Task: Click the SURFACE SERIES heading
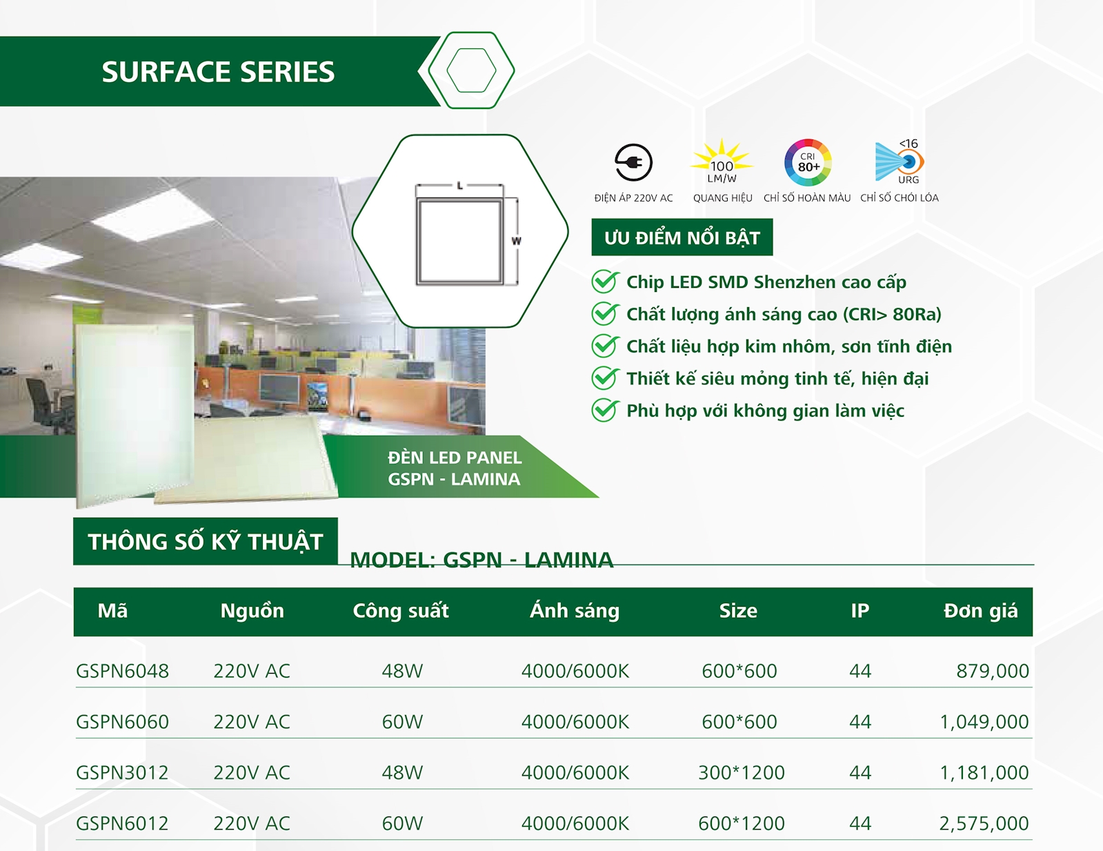pyautogui.click(x=218, y=72)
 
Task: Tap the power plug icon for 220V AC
pyautogui.click(x=633, y=162)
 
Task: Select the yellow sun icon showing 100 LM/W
pyautogui.click(x=722, y=162)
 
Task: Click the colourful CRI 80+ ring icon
pyautogui.click(x=808, y=162)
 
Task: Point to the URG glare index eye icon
pyautogui.click(x=900, y=162)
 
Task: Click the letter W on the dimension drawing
pyautogui.click(x=516, y=241)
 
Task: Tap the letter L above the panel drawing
pyautogui.click(x=460, y=186)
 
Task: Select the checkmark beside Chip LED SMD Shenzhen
pyautogui.click(x=605, y=282)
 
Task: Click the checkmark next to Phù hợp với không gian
pyautogui.click(x=605, y=410)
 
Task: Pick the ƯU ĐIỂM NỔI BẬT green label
pyautogui.click(x=682, y=237)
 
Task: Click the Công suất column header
pyautogui.click(x=401, y=611)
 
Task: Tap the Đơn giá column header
pyautogui.click(x=981, y=611)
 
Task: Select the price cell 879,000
pyautogui.click(x=993, y=671)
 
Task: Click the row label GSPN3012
pyautogui.click(x=122, y=772)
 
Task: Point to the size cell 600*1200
pyautogui.click(x=742, y=823)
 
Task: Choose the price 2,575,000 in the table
pyautogui.click(x=984, y=823)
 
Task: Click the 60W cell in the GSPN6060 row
pyautogui.click(x=403, y=721)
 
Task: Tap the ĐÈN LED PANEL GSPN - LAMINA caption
pyautogui.click(x=455, y=468)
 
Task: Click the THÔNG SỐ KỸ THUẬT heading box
pyautogui.click(x=206, y=541)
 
